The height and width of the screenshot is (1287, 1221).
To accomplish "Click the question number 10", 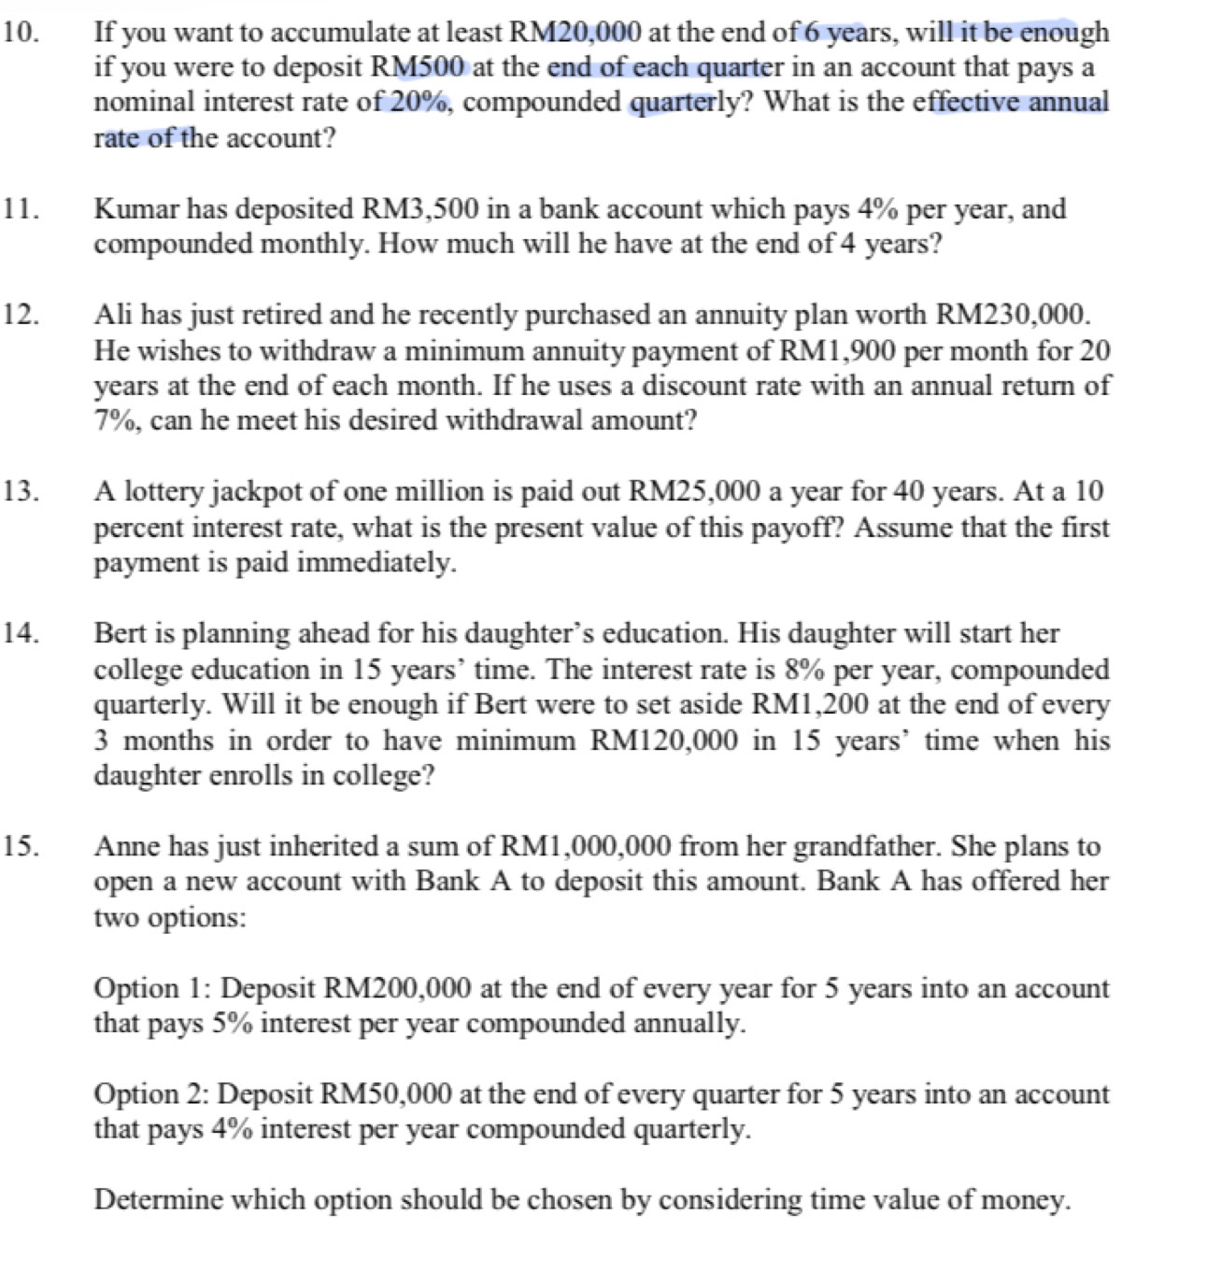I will click(x=21, y=32).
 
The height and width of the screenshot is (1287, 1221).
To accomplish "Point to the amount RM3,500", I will click(x=419, y=208).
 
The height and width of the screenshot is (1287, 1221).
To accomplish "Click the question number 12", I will click(x=21, y=314).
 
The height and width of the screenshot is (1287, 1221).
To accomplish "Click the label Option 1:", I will click(x=152, y=988).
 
